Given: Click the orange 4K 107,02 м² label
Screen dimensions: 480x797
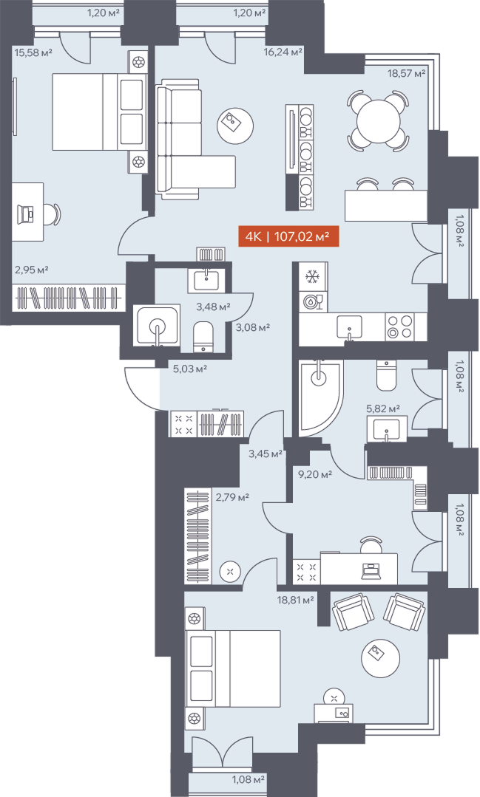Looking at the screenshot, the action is [288, 236].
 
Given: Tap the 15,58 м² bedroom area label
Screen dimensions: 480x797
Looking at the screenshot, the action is [33, 52].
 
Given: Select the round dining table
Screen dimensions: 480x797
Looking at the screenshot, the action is [378, 120].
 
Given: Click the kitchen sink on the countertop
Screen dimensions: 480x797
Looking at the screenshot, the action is [350, 326].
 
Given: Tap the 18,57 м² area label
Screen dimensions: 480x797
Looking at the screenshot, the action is [406, 73].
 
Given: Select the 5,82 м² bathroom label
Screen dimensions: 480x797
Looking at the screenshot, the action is [383, 408].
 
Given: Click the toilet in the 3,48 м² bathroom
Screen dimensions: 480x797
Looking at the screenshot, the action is [205, 335].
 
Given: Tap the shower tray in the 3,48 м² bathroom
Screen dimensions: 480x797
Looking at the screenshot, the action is [156, 325].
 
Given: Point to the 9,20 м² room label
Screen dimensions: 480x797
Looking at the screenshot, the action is [314, 475].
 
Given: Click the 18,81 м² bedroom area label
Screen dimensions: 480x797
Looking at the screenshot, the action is [295, 601].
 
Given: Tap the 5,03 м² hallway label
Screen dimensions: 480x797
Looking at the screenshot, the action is [190, 369].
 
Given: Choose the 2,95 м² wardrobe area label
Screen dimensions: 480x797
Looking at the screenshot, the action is [31, 270].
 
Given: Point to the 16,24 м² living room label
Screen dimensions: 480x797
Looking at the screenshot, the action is [283, 52].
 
